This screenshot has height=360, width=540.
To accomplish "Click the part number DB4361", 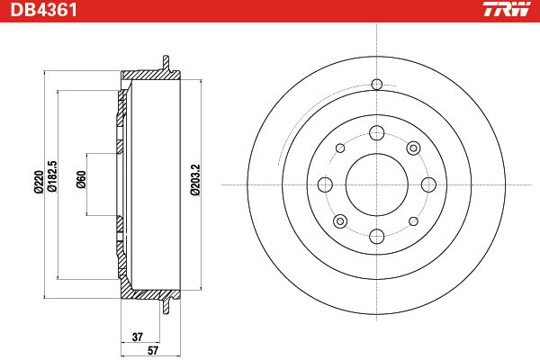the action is click(44, 10).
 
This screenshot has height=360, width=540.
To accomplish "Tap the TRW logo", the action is click(507, 9).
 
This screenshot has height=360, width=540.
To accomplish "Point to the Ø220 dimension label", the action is click(38, 182).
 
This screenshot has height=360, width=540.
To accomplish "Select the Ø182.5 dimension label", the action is click(52, 176).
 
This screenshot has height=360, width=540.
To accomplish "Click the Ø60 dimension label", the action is click(81, 179).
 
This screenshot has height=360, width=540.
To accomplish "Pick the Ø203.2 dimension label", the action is click(195, 180).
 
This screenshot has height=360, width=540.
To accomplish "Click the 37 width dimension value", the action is click(138, 337).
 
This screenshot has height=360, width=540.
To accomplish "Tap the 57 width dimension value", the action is click(153, 350).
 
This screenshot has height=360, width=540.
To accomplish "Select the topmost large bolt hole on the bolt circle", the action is click(377, 133).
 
